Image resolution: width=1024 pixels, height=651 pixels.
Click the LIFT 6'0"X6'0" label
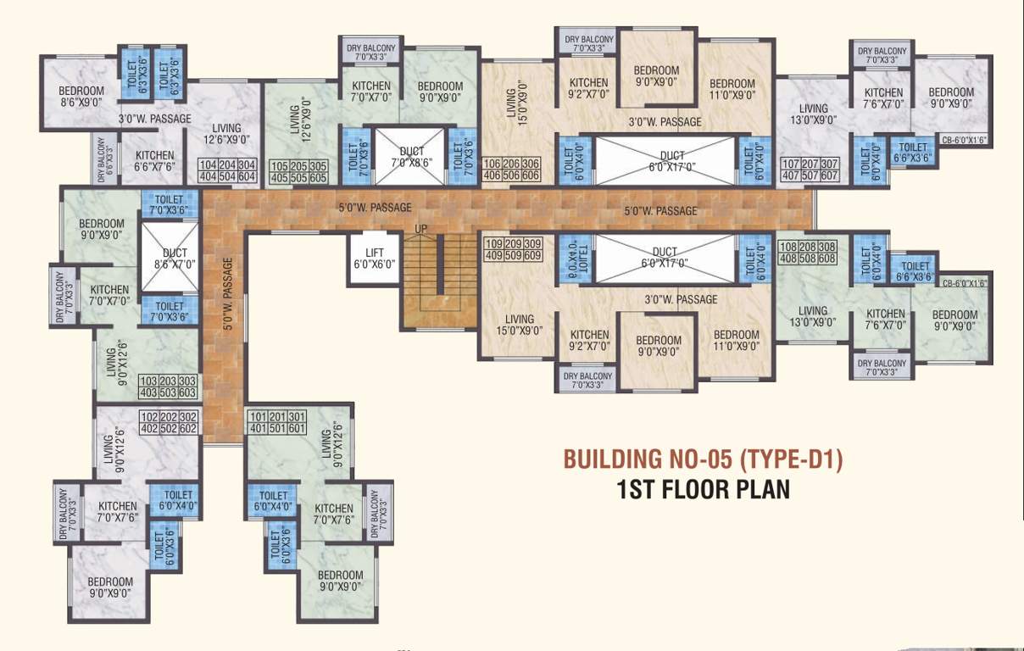point(373,259)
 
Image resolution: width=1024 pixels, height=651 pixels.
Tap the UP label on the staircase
point(420,230)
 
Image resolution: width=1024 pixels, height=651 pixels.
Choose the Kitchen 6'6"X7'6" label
point(154,161)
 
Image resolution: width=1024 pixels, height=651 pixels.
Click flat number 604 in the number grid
point(247,177)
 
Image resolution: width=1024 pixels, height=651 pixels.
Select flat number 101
point(259,416)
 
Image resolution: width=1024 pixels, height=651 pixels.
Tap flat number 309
point(533,243)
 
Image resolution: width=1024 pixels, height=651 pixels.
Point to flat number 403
point(148,392)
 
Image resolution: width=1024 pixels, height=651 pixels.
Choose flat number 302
point(188,416)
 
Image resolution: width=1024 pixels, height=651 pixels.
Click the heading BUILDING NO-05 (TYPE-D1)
point(704,459)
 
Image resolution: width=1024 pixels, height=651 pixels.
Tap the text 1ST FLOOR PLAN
point(704,490)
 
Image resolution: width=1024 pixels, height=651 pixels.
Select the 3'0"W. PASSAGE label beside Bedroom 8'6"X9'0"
point(154,119)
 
